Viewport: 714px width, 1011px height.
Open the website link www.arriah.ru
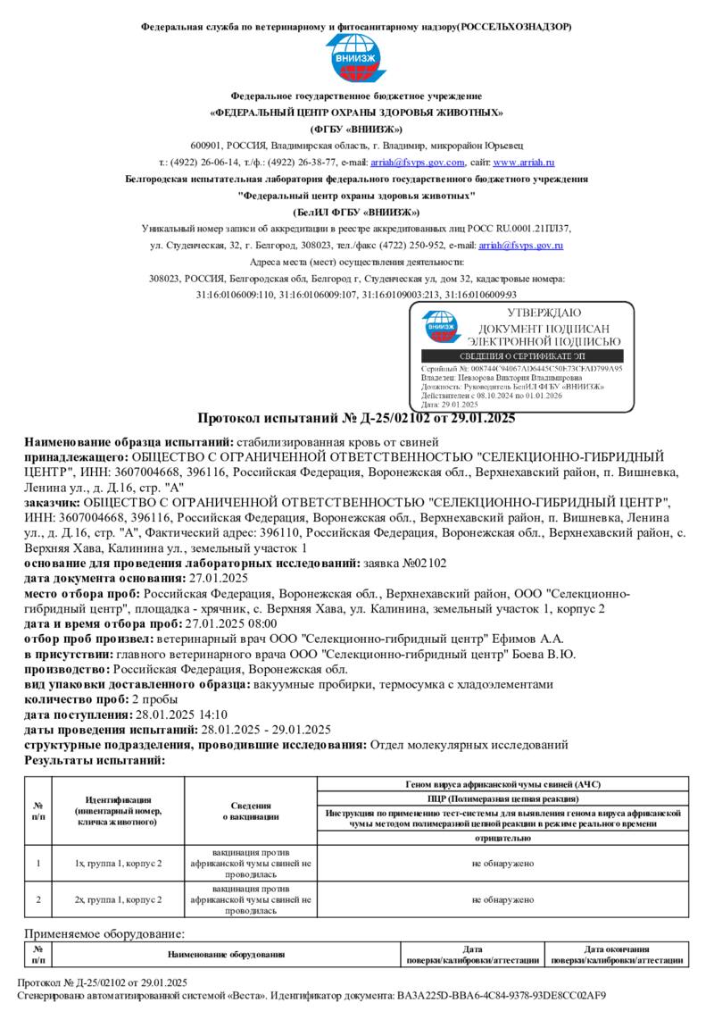click(524, 163)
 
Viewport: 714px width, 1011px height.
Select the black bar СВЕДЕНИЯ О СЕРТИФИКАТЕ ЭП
click(522, 356)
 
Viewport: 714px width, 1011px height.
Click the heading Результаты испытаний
click(95, 760)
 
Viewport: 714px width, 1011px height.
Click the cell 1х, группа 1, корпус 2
click(118, 864)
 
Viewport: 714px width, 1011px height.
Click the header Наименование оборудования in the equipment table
click(226, 955)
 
